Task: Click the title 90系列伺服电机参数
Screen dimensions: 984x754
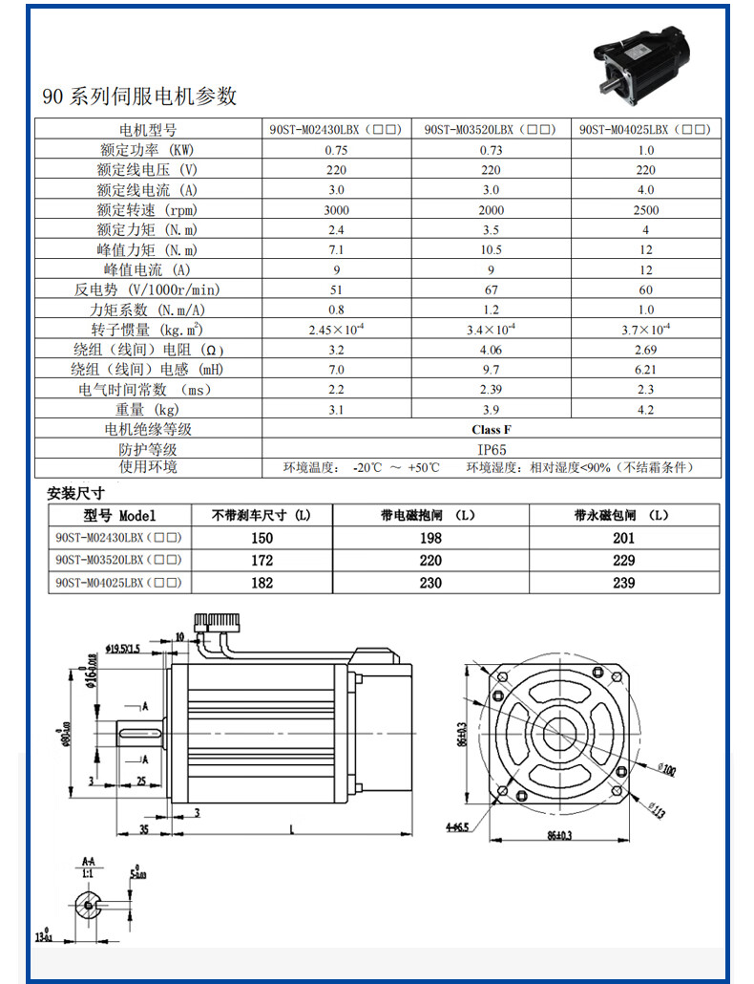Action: [x=139, y=96]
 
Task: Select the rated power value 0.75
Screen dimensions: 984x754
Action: [x=336, y=150]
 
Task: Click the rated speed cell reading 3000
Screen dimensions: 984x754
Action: [x=336, y=210]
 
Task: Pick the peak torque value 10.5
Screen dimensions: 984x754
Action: [x=491, y=250]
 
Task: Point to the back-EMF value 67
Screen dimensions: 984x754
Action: [x=491, y=289]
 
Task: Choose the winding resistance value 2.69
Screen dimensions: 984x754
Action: [x=645, y=350]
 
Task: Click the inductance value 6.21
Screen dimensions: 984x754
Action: [x=645, y=370]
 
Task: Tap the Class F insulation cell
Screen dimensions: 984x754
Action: [x=491, y=430]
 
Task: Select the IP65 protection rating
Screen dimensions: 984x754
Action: [x=491, y=449]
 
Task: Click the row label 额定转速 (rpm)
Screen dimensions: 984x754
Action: [x=147, y=210]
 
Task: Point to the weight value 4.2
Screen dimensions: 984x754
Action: [x=645, y=410]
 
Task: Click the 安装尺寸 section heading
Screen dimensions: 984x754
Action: [x=75, y=494]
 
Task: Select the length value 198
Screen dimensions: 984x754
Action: [x=430, y=538]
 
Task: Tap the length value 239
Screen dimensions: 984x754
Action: [x=623, y=582]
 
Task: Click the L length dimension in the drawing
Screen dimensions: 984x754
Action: [x=289, y=828]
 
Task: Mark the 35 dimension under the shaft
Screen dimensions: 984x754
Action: [x=143, y=829]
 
